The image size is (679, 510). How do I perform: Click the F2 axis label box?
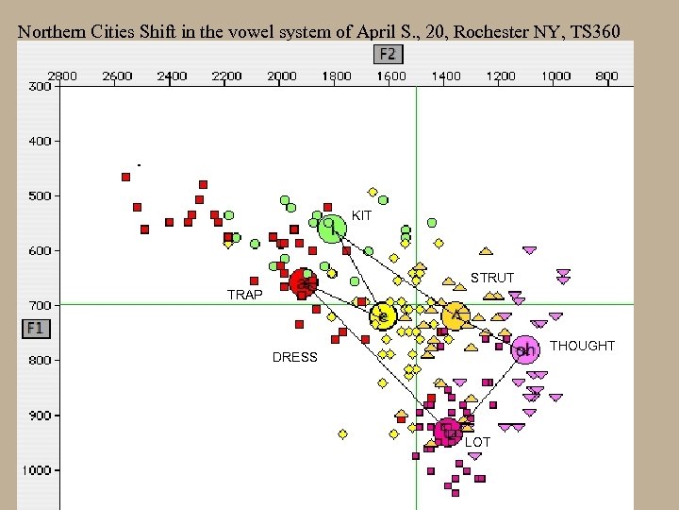tap(388, 54)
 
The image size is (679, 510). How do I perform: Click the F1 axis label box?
tap(35, 329)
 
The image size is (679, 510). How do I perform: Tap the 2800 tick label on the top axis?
tap(62, 76)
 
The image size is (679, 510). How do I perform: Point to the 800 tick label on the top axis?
tap(606, 76)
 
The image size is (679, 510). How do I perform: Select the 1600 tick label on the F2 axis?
tap(391, 76)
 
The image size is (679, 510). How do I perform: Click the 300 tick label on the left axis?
tap(40, 86)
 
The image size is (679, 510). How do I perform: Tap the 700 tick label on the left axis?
tap(40, 305)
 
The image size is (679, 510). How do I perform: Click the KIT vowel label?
tap(362, 216)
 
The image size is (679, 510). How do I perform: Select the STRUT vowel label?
tap(492, 278)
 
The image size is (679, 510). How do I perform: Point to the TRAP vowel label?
tap(245, 295)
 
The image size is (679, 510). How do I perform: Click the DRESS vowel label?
tap(295, 357)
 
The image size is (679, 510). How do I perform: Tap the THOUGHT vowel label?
tap(582, 346)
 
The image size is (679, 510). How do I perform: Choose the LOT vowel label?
tap(478, 442)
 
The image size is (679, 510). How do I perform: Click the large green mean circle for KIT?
tap(332, 228)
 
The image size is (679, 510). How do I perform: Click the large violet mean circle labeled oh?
tap(525, 350)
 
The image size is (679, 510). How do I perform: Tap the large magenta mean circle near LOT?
tap(449, 433)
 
